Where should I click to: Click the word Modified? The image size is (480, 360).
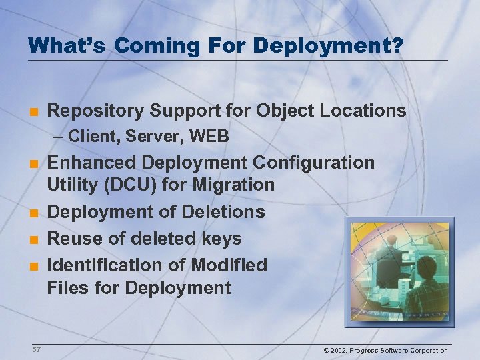tap(229, 265)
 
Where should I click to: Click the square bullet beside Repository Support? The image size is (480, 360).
tap(32, 111)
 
